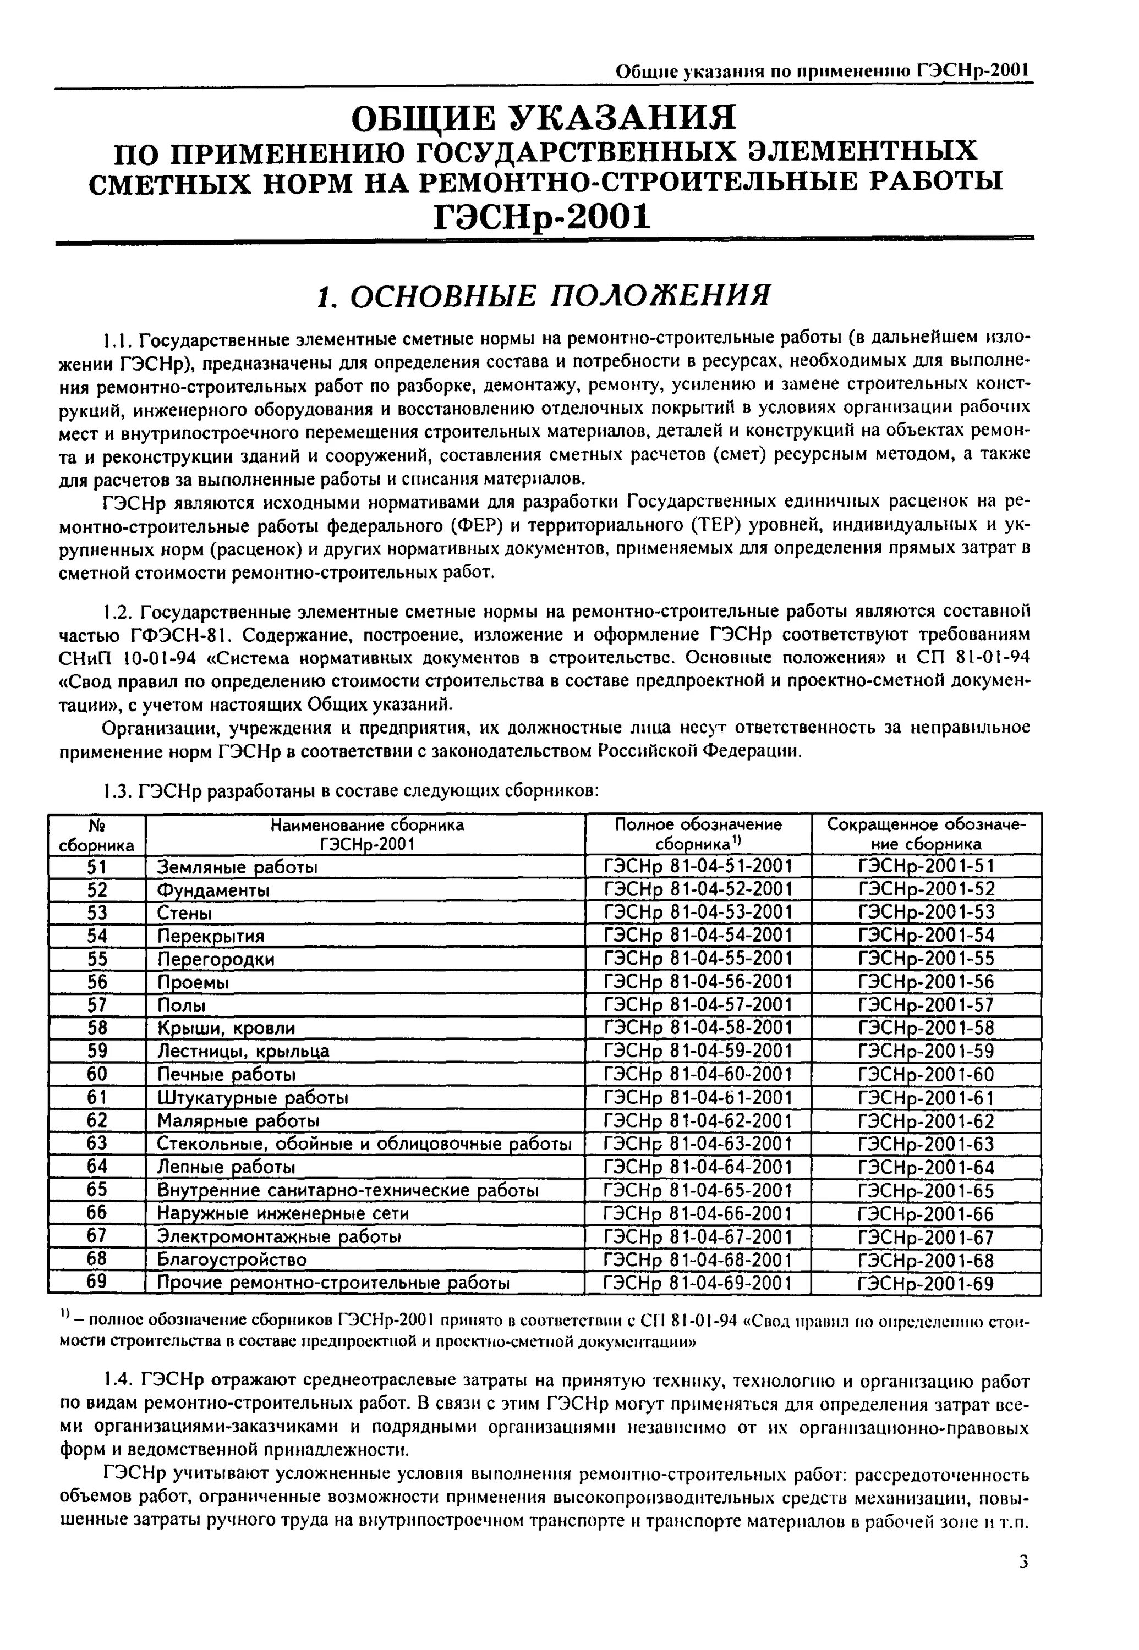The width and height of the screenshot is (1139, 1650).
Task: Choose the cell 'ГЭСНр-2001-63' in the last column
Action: [926, 1144]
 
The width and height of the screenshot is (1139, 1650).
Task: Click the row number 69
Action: [97, 1282]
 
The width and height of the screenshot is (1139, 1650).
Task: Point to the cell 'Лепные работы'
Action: [226, 1167]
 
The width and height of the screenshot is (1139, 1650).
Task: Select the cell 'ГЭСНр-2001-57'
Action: [926, 1005]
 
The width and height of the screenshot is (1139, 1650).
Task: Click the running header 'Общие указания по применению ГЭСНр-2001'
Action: [824, 71]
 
